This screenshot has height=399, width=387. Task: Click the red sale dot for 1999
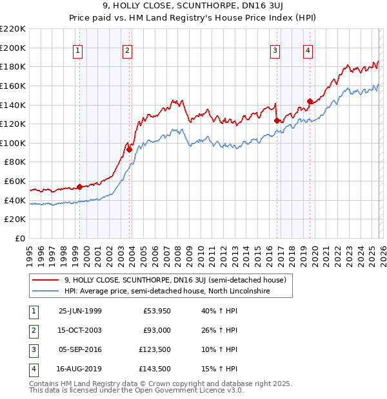80,187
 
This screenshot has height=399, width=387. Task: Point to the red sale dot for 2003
129,149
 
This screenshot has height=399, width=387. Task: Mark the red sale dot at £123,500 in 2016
276,120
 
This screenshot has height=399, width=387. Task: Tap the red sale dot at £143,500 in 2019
310,101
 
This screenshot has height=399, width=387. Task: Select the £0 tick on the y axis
21,238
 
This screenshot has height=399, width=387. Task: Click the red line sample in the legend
46,280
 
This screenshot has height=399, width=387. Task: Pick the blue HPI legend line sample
46,291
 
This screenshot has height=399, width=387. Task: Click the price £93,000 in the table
157,330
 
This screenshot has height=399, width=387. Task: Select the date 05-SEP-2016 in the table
80,349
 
